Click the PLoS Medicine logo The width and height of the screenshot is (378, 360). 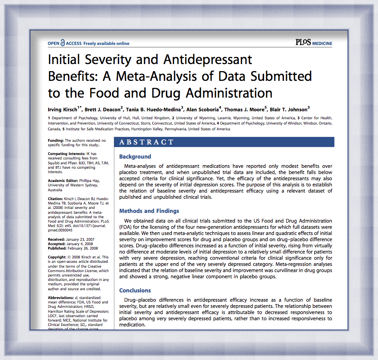point(314,43)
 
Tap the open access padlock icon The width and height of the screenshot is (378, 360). point(63,43)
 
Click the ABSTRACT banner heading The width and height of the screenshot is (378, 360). point(147,142)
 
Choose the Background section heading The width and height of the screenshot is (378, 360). point(135,156)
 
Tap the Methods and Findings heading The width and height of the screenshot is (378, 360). point(149,211)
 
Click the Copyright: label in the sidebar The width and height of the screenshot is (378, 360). point(58,257)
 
